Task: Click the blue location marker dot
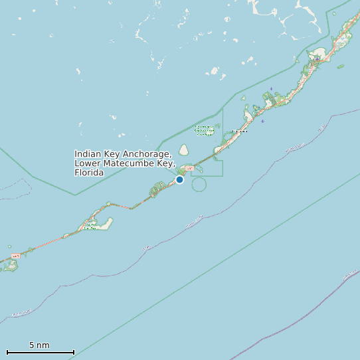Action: coord(179,179)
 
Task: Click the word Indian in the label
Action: coord(88,154)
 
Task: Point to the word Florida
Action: coord(89,173)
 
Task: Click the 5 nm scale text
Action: coord(39,345)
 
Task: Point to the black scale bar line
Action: coord(40,352)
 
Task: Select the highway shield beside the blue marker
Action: coord(190,168)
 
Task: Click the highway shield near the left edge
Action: coord(15,256)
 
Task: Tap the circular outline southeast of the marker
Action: coord(199,184)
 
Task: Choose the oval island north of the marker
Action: coord(183,150)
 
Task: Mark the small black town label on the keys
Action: coord(239,131)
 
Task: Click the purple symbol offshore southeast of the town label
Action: coord(263,121)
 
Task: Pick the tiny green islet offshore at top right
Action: coord(341,66)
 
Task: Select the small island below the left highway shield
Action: coord(9,266)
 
